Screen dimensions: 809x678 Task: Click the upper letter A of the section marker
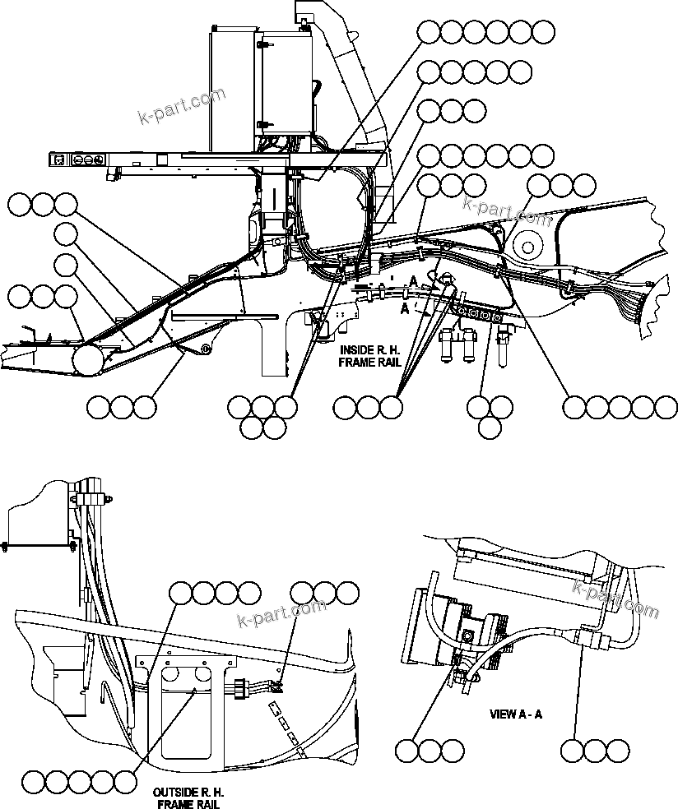[x=413, y=281]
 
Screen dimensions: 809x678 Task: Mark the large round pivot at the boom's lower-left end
[x=86, y=359]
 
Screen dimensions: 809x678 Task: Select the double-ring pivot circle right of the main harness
[x=527, y=243]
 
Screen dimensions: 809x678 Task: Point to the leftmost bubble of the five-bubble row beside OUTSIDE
[x=34, y=781]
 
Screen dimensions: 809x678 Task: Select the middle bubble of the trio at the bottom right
[x=595, y=750]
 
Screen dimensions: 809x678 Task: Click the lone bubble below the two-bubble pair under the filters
[x=490, y=428]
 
